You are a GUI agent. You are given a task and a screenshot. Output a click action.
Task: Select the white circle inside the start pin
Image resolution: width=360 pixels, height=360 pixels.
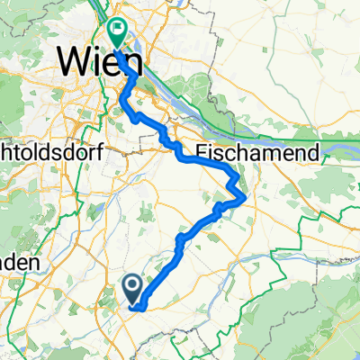pos(131,286)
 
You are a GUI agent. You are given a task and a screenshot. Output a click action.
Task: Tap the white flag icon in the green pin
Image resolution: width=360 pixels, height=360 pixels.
pos(117,30)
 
